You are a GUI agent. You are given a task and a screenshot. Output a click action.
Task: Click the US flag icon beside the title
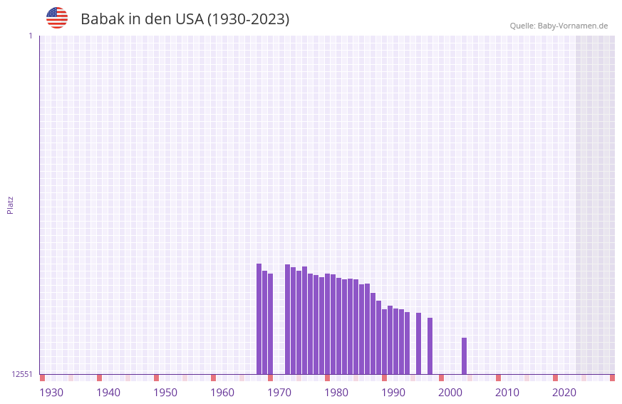click(57, 18)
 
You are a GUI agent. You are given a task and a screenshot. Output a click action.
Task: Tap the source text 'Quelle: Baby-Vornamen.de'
click(559, 26)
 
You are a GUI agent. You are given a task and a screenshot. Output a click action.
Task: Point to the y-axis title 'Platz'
click(10, 204)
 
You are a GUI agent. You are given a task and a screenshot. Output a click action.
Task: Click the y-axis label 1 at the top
click(30, 36)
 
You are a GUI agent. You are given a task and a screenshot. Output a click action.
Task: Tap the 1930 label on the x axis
click(51, 393)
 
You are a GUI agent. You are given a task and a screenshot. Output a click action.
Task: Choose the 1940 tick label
click(108, 393)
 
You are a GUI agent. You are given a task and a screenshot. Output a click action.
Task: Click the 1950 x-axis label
click(165, 393)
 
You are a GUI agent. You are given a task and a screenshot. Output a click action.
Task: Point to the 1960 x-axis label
click(222, 393)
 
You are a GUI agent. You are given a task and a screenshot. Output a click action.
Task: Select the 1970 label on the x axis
click(279, 393)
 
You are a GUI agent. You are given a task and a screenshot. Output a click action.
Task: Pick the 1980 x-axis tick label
click(336, 393)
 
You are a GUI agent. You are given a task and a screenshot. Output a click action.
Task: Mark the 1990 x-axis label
click(393, 393)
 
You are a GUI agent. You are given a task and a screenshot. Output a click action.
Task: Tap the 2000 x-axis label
click(450, 393)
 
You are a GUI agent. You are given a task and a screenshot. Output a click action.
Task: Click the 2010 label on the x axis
click(507, 393)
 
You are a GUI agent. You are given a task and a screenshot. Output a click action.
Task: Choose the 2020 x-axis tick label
click(564, 393)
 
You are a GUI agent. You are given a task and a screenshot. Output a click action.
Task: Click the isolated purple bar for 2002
click(464, 356)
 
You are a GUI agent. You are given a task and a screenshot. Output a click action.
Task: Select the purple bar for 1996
click(430, 346)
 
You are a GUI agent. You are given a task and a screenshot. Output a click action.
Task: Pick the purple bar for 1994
click(418, 343)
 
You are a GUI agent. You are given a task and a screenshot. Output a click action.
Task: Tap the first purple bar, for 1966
click(259, 318)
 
